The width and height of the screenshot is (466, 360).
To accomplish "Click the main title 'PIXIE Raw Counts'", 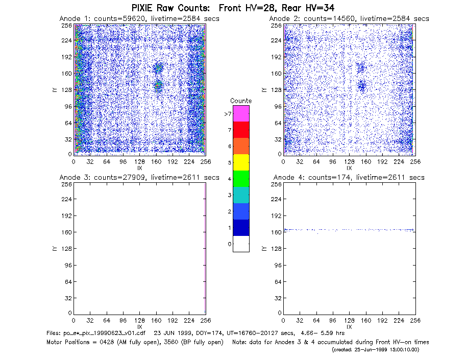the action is pos(170,8).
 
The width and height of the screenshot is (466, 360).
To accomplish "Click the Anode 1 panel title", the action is pos(139,19).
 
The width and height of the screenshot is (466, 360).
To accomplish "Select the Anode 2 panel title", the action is pos(349,19).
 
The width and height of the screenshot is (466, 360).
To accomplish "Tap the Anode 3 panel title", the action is pos(139,178).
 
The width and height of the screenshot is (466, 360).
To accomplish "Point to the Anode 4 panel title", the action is pos(349,178).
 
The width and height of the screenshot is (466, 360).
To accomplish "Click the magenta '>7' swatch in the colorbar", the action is pos(241,113).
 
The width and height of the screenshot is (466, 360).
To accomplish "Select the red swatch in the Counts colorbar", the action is pos(241,130).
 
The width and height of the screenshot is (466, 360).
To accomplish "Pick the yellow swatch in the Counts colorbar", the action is pos(241,162).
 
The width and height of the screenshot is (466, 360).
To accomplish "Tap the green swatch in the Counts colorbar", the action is pos(241,179).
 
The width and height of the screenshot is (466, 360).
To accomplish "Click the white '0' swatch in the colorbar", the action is pos(241,244).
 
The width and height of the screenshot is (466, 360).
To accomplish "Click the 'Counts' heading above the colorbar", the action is pos(241,101).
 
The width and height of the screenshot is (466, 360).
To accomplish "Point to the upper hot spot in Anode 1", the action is pos(158,68).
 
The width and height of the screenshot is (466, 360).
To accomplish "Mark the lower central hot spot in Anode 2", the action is pos(362,86).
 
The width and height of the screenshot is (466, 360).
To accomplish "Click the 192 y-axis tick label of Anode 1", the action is pos(66,57).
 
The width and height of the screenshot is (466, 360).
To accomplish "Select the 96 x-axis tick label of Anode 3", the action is pos(123,321).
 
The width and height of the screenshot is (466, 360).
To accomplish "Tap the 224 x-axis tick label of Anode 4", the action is pos(399,321).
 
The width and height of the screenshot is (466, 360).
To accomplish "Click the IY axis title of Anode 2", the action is pos(263,90).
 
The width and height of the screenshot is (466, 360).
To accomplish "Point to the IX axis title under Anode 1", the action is pos(140,168).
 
